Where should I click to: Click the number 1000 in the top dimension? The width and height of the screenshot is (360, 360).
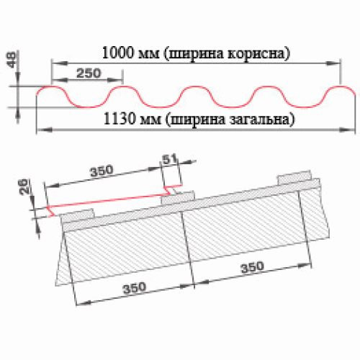[x=118, y=53]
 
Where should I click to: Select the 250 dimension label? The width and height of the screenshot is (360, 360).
[x=89, y=73]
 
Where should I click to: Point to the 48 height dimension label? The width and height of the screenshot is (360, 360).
[x=12, y=60]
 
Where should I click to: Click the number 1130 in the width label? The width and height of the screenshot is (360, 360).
[x=120, y=119]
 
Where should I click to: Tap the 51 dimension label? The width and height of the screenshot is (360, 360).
[x=170, y=159]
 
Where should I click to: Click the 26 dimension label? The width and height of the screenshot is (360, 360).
[x=24, y=186]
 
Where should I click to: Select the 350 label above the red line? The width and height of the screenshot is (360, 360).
[x=102, y=171]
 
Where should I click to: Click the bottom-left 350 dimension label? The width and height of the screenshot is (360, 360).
[x=135, y=288]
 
